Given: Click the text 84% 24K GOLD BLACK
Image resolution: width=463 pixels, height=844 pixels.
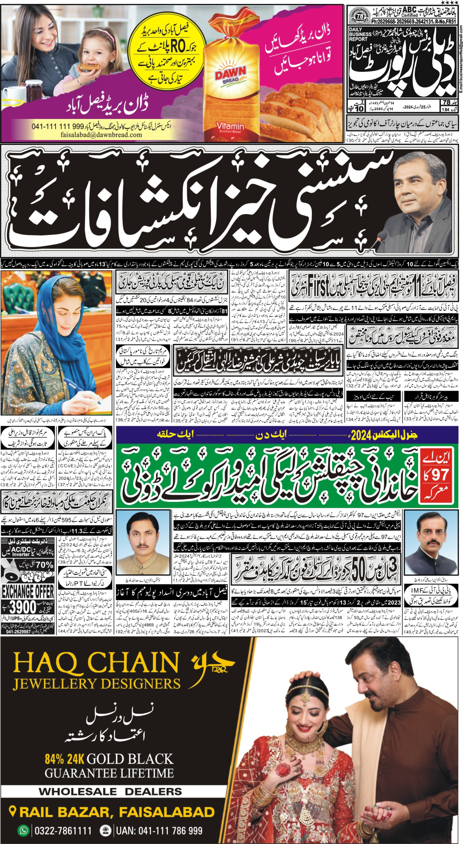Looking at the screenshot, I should (x=109, y=759).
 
